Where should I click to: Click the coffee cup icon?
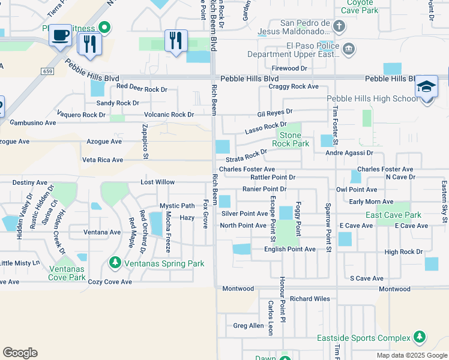60,35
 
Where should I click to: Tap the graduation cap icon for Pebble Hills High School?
426,88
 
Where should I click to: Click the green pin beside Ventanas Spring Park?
115,263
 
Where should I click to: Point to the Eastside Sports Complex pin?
419,338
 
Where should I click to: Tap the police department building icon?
349,48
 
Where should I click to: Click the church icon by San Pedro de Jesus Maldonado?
339,26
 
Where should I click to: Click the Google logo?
20,353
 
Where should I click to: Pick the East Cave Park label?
394,215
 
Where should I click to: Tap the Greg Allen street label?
249,326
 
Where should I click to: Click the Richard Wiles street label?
310,298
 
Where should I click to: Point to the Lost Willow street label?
157,182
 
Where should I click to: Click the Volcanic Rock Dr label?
169,115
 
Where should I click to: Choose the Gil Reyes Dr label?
274,112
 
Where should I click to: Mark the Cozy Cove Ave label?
109,281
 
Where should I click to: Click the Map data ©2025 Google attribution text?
411,355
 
